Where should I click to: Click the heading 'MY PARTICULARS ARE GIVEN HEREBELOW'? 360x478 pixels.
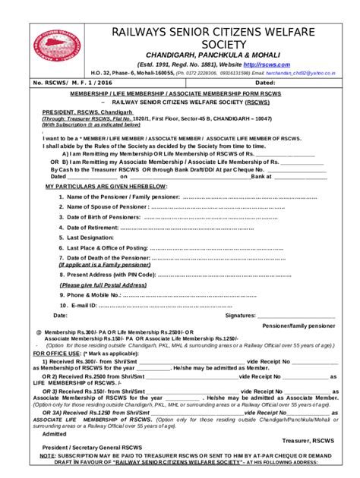coord(106,186)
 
